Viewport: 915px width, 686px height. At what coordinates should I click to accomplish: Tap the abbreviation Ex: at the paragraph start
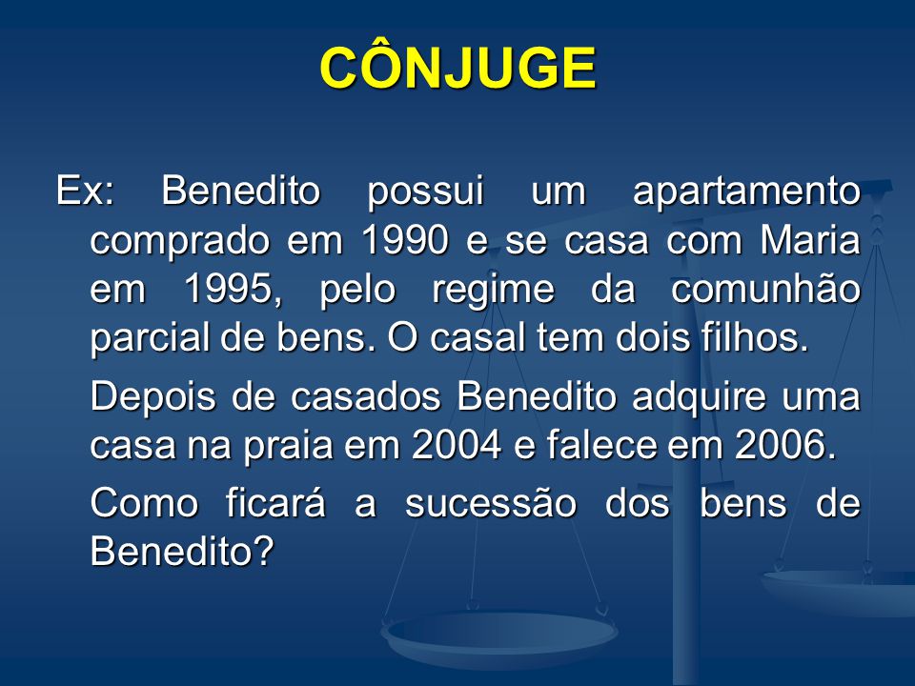click(x=85, y=191)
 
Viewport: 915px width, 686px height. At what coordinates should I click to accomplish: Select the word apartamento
click(x=747, y=192)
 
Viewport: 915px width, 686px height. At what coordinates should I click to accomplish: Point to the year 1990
click(x=405, y=240)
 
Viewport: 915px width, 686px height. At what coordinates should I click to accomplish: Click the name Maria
click(x=810, y=240)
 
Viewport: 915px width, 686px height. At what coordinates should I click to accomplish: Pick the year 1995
click(x=233, y=290)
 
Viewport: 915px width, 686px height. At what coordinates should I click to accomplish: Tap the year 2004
click(x=457, y=446)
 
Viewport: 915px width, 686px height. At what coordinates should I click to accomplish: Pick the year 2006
click(x=785, y=446)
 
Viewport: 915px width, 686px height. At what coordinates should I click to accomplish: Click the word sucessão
click(x=491, y=502)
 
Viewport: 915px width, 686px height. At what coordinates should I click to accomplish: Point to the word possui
click(x=425, y=192)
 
